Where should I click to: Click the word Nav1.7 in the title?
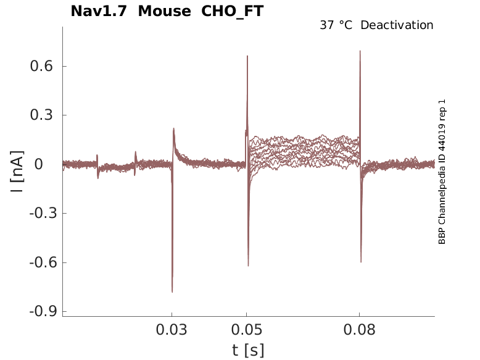[x=99, y=11]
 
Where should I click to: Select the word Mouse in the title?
[x=164, y=11]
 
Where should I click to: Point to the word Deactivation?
[x=397, y=25]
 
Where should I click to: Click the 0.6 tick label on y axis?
[x=40, y=66]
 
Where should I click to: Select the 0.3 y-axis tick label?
[x=40, y=115]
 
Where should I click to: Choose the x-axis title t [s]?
[x=248, y=350]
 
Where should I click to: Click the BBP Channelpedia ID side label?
[x=442, y=171]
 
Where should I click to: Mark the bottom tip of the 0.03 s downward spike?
[x=172, y=291]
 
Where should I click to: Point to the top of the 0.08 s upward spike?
[x=360, y=51]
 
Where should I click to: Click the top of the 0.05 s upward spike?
[x=247, y=56]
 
